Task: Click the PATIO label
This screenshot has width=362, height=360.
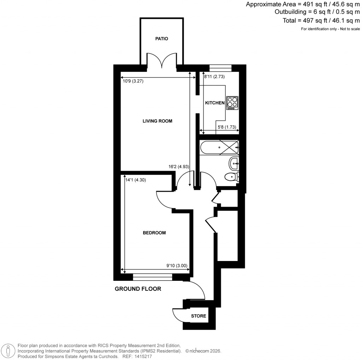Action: click(x=162, y=39)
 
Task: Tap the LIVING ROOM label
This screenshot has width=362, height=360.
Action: click(x=157, y=121)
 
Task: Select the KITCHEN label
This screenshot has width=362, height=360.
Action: click(x=215, y=103)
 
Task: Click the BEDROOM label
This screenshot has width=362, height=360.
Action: click(x=154, y=233)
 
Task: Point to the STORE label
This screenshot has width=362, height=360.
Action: click(x=198, y=316)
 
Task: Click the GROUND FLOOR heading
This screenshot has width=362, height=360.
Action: click(x=138, y=289)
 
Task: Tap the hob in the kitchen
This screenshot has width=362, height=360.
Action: click(x=232, y=103)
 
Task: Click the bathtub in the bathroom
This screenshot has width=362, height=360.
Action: click(x=219, y=147)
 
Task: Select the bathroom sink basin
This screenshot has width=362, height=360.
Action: click(x=234, y=163)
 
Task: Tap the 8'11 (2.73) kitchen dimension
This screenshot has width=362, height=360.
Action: click(x=214, y=76)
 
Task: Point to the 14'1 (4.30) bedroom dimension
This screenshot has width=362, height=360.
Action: click(x=136, y=180)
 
